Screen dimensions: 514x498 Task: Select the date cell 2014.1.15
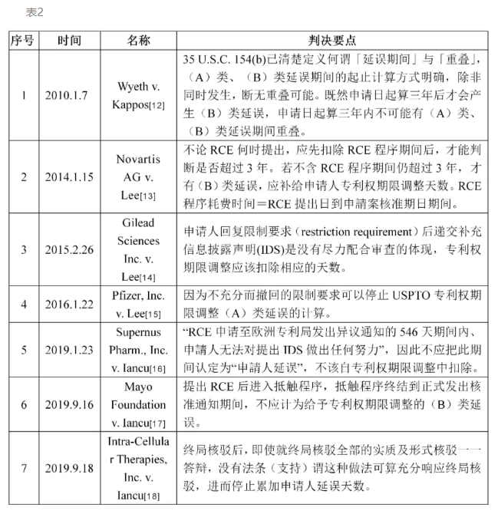click(69, 176)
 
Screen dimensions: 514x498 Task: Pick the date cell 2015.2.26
click(69, 249)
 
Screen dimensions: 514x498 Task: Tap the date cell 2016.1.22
click(69, 304)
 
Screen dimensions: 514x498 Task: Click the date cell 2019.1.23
click(69, 349)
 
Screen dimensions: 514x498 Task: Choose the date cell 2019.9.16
click(69, 404)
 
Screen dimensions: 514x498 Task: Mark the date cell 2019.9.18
click(69, 467)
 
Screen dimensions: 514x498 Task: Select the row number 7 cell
click(23, 467)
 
